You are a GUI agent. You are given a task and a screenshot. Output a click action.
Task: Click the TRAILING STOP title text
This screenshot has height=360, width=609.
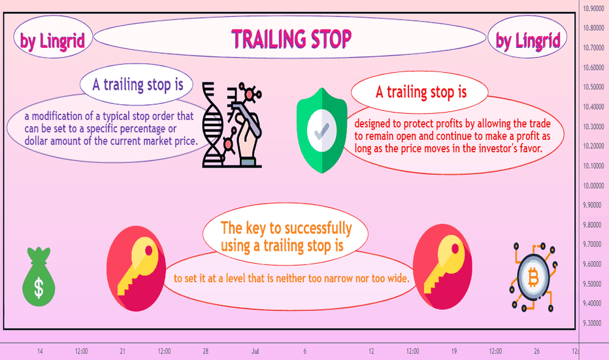(291, 39)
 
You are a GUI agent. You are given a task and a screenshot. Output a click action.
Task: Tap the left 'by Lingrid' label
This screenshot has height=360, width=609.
(52, 41)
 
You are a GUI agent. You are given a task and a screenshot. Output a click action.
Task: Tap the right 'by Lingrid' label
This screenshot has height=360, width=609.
(528, 41)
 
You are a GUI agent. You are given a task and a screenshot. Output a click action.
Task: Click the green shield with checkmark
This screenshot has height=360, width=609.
(321, 130)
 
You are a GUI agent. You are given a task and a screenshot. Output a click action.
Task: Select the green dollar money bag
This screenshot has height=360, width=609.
(39, 277)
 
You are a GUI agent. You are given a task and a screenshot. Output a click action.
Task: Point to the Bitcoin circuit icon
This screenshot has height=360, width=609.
(533, 277)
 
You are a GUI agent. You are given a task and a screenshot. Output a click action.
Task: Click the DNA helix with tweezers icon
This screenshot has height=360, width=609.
(232, 124)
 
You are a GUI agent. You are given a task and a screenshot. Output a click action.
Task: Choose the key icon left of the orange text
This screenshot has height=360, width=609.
(136, 268)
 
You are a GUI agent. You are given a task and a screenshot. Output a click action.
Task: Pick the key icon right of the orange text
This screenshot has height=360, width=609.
(442, 267)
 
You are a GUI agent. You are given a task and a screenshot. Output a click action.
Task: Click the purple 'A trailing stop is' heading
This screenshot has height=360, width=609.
(137, 85)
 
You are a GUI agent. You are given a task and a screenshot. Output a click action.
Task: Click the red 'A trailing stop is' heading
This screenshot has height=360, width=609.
(421, 92)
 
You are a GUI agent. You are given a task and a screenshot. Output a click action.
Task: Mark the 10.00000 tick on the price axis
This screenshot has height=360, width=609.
(593, 186)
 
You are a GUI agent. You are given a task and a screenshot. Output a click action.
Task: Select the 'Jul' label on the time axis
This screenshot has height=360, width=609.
(255, 351)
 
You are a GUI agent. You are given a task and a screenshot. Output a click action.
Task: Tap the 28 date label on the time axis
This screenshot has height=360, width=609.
(205, 351)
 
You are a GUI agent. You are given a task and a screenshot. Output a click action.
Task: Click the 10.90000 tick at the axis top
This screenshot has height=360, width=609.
(593, 9)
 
